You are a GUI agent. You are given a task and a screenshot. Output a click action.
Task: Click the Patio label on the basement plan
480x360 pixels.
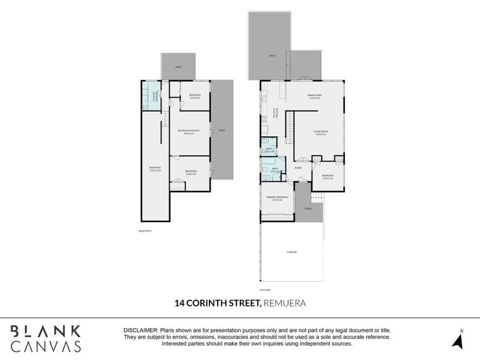tap(178, 67)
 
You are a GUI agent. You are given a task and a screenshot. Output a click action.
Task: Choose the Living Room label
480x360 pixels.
tap(321, 132)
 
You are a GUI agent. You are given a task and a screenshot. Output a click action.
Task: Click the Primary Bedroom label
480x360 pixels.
tap(277, 198)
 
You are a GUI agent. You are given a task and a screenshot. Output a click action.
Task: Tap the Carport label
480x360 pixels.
tap(291, 252)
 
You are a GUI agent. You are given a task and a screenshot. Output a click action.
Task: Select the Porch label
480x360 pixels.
tap(308, 209)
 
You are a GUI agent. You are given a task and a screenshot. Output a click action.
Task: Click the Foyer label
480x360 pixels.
tap(298, 168)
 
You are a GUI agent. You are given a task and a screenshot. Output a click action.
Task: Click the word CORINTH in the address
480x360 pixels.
tap(211, 303)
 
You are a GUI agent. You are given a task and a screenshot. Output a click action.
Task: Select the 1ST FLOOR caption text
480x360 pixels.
tap(265, 289)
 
